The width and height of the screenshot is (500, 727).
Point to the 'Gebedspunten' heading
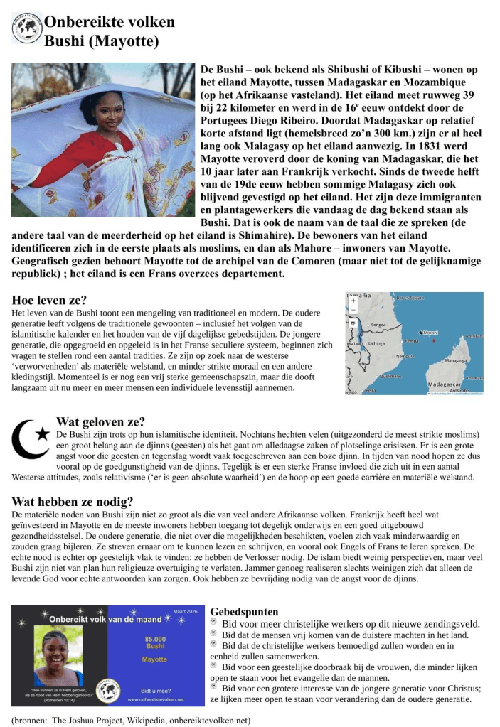(244, 611)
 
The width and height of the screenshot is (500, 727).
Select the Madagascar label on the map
(446, 384)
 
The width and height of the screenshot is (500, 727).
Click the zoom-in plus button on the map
(353, 301)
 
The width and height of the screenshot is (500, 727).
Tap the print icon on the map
(353, 323)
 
